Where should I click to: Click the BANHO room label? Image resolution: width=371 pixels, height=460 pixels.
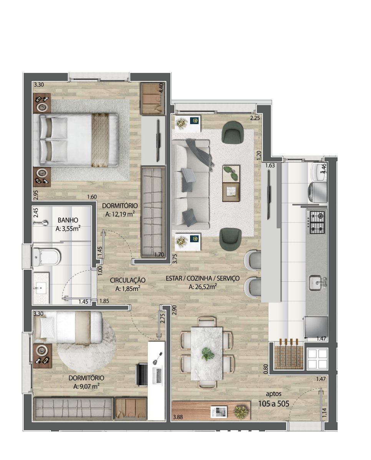point(68,220)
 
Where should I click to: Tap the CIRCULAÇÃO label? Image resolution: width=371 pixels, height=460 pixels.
point(128,280)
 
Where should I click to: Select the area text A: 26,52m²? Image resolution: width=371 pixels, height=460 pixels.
point(202,287)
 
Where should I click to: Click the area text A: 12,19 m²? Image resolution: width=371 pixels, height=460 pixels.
point(120,214)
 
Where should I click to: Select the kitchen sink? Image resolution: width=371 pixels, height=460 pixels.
point(317,283)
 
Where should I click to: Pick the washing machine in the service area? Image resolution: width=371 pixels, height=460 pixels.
point(317,192)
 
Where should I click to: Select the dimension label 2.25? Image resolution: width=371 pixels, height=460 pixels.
point(255,118)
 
